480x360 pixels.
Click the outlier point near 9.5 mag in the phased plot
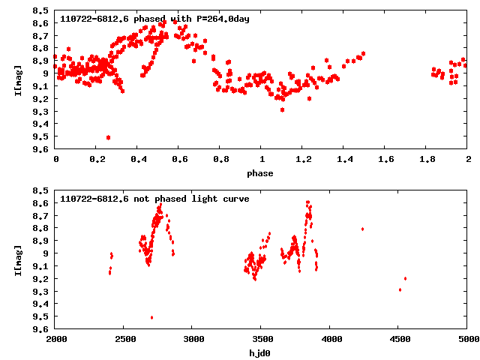pos(109,137)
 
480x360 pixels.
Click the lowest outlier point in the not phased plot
pos(151,317)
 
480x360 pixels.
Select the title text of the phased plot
pos(154,19)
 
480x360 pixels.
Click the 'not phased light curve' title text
pos(154,199)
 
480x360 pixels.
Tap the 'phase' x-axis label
pos(262,173)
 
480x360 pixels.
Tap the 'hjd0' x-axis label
pos(262,352)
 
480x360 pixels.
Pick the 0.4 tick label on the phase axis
pos(138,160)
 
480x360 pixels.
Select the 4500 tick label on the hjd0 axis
pos(399,340)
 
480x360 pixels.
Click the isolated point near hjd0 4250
pos(362,229)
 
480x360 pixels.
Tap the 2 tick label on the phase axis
pos(468,160)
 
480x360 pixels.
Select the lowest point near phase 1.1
pos(282,109)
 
